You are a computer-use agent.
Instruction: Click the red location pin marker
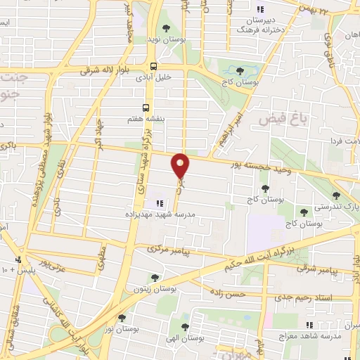(181, 166)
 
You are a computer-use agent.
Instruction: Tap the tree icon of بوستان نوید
(166, 29)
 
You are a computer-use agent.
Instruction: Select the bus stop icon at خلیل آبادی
(153, 67)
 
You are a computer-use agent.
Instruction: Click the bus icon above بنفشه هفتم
(146, 108)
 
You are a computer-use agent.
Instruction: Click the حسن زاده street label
(225, 289)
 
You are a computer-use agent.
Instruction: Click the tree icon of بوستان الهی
(184, 326)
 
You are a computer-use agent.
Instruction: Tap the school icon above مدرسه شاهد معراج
(309, 324)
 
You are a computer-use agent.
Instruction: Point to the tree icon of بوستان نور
(122, 318)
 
